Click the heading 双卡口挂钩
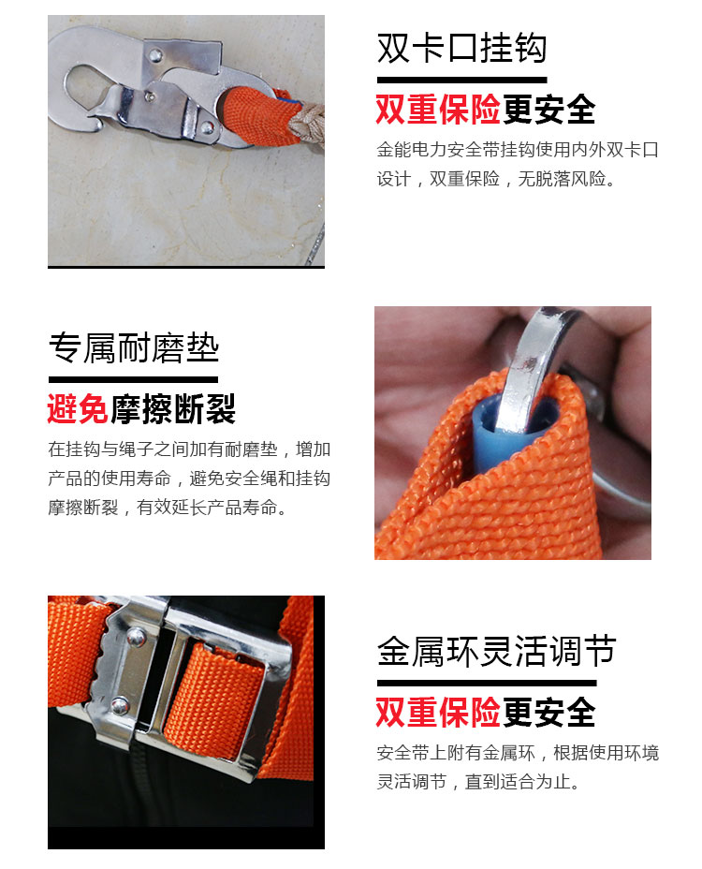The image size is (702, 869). (x=461, y=48)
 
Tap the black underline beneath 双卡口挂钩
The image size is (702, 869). (x=461, y=81)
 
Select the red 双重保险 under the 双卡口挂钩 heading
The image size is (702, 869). (x=438, y=110)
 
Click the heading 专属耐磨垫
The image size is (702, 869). (x=134, y=348)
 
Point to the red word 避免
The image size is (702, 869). (x=78, y=409)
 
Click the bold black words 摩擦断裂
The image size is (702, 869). (x=173, y=409)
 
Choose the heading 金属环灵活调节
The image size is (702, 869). (x=496, y=651)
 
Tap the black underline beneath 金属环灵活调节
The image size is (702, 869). (x=487, y=684)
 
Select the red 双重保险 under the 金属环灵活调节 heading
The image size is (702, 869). (x=438, y=713)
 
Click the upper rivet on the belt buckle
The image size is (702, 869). (x=135, y=636)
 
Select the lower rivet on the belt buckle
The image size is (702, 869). (x=120, y=706)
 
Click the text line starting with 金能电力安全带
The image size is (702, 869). (x=518, y=150)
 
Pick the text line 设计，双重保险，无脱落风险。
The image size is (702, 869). (x=496, y=179)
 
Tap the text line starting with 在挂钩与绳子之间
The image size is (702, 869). (x=189, y=449)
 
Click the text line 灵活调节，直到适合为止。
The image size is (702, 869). (x=478, y=781)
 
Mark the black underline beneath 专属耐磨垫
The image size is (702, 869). (x=134, y=379)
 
